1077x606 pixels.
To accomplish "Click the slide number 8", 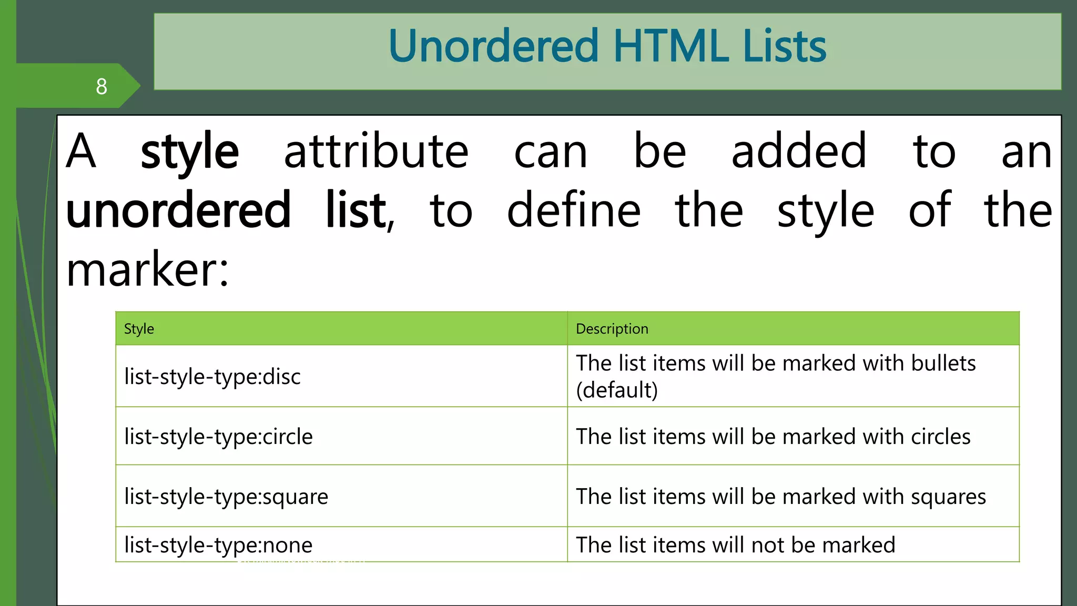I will tap(101, 86).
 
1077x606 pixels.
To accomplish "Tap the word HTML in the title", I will tap(670, 46).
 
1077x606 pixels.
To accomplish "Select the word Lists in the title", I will tap(784, 46).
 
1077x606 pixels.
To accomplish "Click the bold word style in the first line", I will tap(189, 153).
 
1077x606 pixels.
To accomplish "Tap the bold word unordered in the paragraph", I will tap(178, 210).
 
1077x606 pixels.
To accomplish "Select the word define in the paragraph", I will tap(574, 210).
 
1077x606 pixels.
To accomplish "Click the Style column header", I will tap(139, 329).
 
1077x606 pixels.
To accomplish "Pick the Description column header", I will tap(612, 329).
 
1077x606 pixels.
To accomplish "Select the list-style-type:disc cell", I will tap(212, 377).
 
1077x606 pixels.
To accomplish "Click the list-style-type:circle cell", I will tap(218, 437).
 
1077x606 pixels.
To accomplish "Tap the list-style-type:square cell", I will tap(226, 497).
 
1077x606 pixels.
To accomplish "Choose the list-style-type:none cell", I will tap(218, 545).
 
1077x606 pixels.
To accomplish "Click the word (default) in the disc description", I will tap(617, 390).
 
